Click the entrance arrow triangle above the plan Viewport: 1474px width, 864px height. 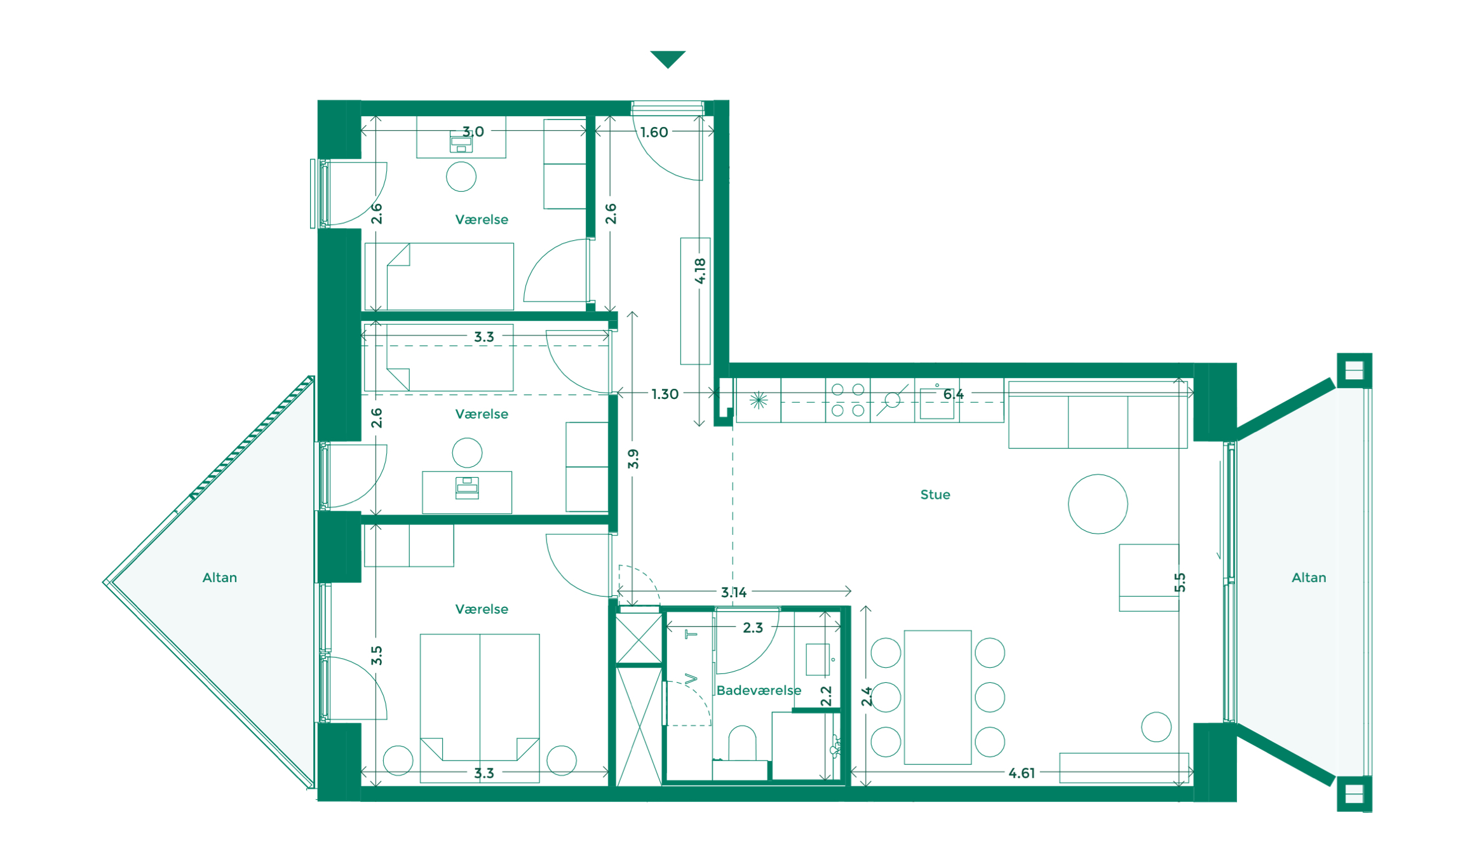coord(667,58)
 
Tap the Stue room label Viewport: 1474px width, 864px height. coord(935,495)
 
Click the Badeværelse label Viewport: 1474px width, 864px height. coord(759,691)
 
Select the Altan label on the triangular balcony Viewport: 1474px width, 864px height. coord(219,577)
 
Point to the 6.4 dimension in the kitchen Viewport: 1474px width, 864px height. coord(953,395)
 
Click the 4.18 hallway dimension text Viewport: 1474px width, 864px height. coord(700,271)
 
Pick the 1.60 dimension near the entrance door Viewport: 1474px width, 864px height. coord(654,132)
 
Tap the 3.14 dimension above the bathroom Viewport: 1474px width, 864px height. coord(733,592)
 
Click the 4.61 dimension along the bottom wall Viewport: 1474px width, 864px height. coord(1021,773)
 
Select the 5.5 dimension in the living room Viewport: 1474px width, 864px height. coord(1179,582)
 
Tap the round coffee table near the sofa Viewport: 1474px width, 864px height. coord(1097,504)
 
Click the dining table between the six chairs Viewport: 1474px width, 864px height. coord(937,697)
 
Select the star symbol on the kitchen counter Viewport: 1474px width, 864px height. coord(758,400)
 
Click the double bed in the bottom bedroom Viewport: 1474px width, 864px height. coord(480,699)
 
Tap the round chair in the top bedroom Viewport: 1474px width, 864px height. coord(461,177)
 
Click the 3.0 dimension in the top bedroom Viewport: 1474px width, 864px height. coord(473,132)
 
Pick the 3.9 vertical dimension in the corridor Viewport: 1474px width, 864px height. coord(633,459)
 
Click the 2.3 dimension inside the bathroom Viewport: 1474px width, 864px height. coord(752,628)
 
